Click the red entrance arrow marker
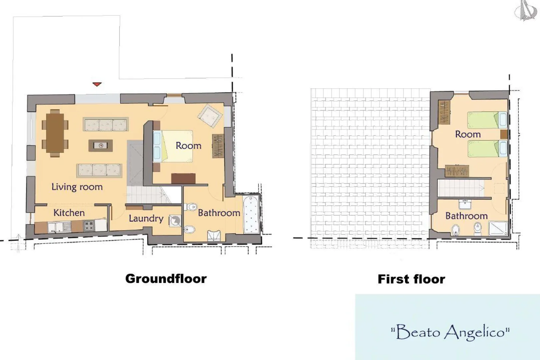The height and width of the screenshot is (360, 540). [97, 84]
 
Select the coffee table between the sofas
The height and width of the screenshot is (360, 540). [100, 146]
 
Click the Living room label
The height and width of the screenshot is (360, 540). [77, 187]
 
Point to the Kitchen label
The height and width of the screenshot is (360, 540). [69, 213]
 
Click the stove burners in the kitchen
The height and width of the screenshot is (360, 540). [89, 226]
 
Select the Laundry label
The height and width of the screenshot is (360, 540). [146, 219]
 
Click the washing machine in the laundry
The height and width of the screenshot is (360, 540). [175, 221]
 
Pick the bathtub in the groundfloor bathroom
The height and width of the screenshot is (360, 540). [251, 215]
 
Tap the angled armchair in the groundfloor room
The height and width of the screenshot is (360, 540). [210, 116]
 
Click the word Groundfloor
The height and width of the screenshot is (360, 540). [166, 279]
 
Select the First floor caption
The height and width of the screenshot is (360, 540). [412, 279]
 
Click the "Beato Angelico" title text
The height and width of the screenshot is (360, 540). [450, 333]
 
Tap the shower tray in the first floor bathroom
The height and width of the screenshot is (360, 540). [498, 228]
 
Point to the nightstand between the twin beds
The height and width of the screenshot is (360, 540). [504, 134]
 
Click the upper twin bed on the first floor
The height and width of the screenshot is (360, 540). [487, 120]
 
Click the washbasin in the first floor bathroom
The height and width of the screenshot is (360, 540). [465, 204]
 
